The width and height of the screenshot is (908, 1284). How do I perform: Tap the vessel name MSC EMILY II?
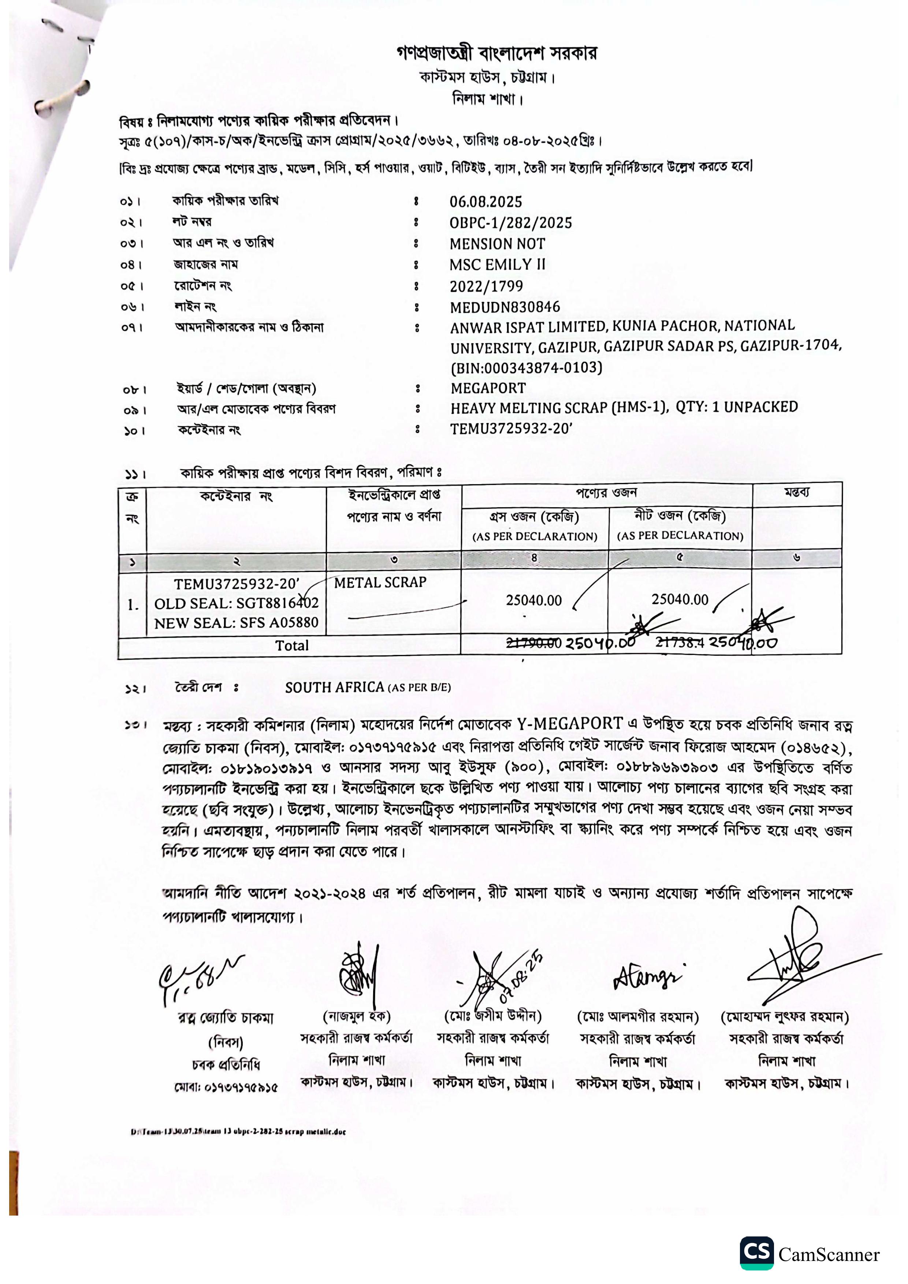coord(497,265)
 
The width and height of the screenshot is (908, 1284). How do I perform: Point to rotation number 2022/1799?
coord(485,286)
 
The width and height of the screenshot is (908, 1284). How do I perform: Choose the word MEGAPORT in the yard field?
coord(488,388)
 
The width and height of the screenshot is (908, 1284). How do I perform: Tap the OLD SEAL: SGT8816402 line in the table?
coord(236,603)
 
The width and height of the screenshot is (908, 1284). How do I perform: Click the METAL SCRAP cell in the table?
coord(380,583)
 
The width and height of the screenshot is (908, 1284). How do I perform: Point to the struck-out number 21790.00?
coord(533,644)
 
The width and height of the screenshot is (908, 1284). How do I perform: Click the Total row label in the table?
coord(291,646)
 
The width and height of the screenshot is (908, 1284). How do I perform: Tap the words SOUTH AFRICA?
coord(334,687)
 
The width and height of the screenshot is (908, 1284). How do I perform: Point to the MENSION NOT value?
coord(497,244)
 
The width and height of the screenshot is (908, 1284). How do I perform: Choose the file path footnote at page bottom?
coord(238,1132)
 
